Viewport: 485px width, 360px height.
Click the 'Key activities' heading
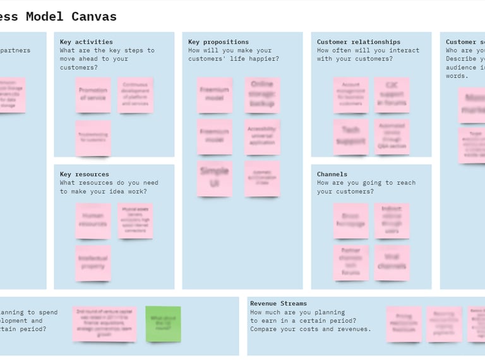(87, 42)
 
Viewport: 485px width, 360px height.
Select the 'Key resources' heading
(85, 174)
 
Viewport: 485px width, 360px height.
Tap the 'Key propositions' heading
(219, 42)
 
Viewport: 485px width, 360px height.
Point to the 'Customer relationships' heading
(359, 42)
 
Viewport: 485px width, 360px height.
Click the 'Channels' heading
(332, 174)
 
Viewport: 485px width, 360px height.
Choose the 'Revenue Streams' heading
(278, 304)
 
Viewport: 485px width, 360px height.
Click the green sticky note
(163, 324)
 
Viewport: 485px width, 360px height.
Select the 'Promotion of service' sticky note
(93, 95)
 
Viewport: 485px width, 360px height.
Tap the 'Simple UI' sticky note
(215, 178)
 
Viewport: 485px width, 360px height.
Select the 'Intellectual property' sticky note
(93, 263)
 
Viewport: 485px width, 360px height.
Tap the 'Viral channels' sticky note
(392, 262)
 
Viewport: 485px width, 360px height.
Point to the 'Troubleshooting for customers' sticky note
(93, 138)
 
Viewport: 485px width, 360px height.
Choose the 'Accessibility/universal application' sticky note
(262, 136)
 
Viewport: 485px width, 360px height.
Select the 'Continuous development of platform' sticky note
(135, 95)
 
